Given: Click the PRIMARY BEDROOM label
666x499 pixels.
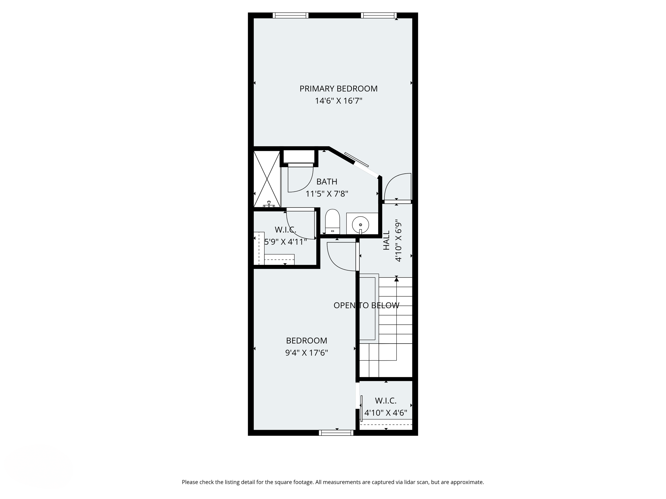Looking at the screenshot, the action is (338, 89).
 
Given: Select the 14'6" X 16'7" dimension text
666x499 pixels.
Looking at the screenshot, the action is (338, 101).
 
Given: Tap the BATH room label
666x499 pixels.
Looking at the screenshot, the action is (327, 182).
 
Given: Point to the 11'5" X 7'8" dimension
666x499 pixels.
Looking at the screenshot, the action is (327, 194).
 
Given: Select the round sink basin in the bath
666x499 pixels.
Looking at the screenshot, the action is (360, 224).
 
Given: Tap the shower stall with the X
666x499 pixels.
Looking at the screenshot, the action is (267, 179).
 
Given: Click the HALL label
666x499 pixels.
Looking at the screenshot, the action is (386, 240).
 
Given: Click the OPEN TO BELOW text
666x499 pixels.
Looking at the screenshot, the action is (367, 305).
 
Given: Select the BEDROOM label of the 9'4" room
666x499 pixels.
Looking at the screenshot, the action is (307, 340).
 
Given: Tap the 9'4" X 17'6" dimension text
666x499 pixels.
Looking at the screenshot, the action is (307, 353).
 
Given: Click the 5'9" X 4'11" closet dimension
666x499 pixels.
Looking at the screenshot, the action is (285, 242).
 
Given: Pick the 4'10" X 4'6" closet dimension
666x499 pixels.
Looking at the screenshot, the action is (386, 413).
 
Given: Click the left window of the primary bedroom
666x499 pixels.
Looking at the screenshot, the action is (291, 15).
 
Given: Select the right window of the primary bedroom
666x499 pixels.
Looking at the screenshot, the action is (379, 15).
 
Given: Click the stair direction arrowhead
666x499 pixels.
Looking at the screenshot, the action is (396, 279).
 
